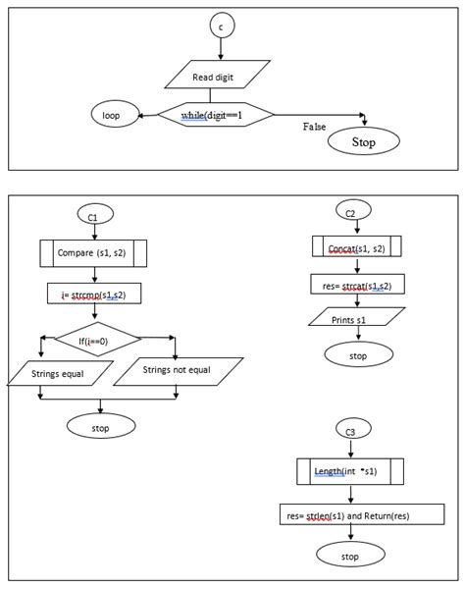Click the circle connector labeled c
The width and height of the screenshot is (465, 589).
[x=222, y=26]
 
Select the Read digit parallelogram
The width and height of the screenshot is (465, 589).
[x=218, y=75]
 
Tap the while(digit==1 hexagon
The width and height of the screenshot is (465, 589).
[x=216, y=114]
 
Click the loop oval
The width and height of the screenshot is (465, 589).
[x=115, y=114]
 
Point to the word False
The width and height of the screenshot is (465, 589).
[x=314, y=127]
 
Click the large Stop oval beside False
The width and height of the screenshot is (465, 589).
[x=364, y=141]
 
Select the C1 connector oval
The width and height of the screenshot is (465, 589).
[x=95, y=214]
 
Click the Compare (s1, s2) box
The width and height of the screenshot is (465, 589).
[x=93, y=253]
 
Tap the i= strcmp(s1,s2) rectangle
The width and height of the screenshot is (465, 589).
[x=94, y=294]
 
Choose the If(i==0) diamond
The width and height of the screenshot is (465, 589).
[x=97, y=339]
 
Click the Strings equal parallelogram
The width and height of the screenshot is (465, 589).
[x=60, y=373]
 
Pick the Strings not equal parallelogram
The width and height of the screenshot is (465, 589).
[x=179, y=371]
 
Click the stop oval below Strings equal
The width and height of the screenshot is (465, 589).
[x=101, y=426]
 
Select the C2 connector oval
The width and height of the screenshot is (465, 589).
[x=353, y=210]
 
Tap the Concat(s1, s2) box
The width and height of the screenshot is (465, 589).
[x=356, y=246]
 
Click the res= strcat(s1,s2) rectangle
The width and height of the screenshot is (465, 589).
[x=358, y=284]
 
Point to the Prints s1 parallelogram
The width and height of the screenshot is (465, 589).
[x=356, y=316]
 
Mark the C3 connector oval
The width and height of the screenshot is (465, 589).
[x=353, y=429]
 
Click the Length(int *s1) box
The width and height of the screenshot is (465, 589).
[x=350, y=471]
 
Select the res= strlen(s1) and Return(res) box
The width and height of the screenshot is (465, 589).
[x=362, y=514]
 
